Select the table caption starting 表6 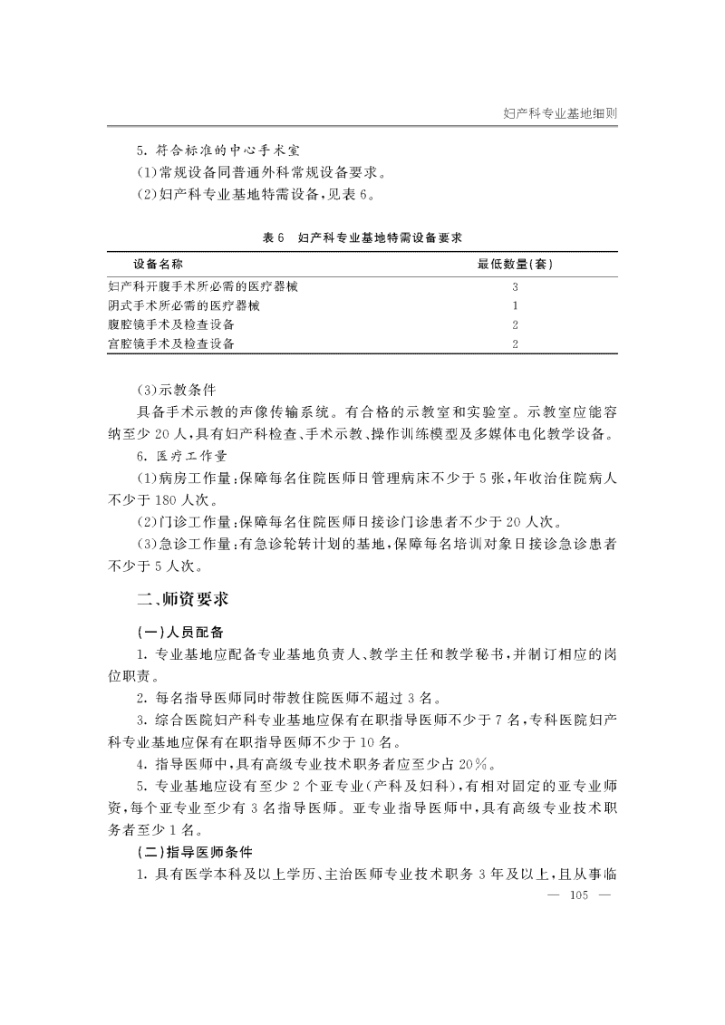[362, 237]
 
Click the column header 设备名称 [159, 265]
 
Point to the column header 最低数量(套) [516, 265]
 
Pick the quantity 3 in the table [515, 286]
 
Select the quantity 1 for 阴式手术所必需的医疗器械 [515, 305]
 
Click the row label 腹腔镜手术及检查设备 [171, 324]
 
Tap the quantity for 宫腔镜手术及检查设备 [515, 343]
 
